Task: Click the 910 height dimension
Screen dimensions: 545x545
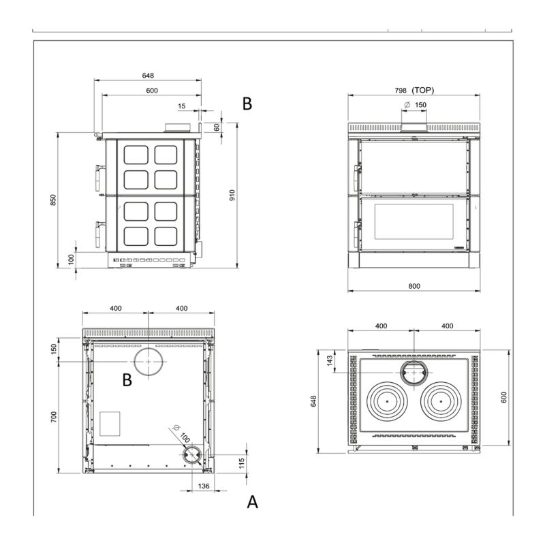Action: coord(232,195)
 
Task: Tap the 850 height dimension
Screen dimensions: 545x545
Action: coord(53,200)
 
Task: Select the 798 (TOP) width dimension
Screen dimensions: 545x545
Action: coord(414,91)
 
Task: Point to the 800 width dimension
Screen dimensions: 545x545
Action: coord(414,286)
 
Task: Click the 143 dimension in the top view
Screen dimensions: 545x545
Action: coord(330,361)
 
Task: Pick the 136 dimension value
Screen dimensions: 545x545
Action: coord(204,486)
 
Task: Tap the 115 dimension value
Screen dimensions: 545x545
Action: coord(242,463)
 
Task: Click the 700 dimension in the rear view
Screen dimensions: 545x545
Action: coord(54,417)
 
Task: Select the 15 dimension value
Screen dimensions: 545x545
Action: coord(182,106)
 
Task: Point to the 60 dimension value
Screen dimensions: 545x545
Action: coord(217,127)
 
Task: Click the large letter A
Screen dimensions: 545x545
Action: coord(252,502)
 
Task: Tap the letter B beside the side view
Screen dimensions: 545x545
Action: coord(247,104)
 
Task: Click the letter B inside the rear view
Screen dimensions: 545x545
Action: coord(127,380)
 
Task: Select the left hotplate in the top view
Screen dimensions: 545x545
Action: coord(388,401)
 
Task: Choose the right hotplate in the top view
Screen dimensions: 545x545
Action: coord(441,401)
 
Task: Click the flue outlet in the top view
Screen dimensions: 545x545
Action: coord(414,373)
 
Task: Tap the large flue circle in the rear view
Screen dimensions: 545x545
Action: coord(149,362)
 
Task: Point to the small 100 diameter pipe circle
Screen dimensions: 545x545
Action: coord(191,454)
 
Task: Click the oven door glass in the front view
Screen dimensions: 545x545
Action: coord(414,221)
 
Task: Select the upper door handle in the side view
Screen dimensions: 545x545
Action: coord(99,177)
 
